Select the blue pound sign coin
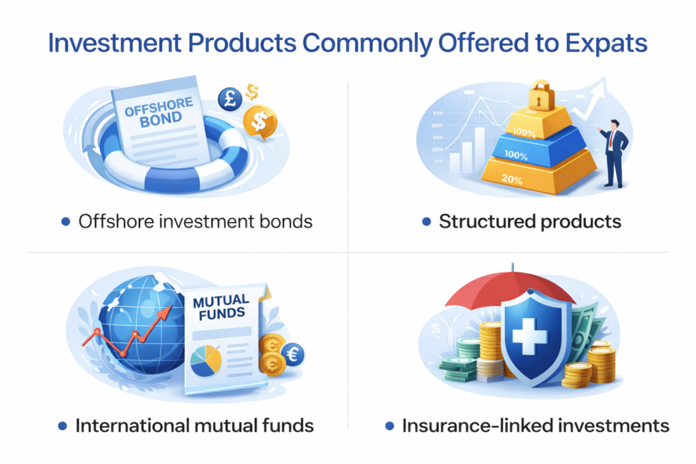tap(230, 99)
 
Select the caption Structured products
tap(529, 221)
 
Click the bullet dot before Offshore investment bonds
tap(65, 221)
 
